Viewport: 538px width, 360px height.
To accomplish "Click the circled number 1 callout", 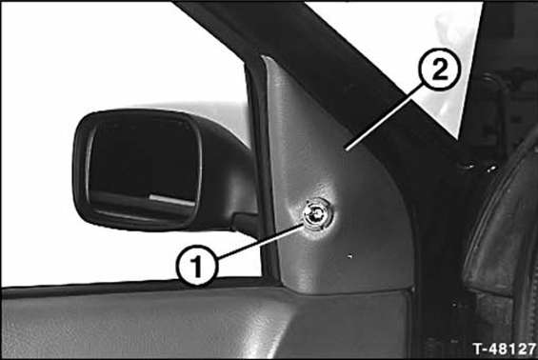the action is pyautogui.click(x=197, y=266).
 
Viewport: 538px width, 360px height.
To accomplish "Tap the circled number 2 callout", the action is pyautogui.click(x=439, y=70).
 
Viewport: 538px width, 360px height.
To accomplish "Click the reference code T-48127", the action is pyautogui.click(x=504, y=349).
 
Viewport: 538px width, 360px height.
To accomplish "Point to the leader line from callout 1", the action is pyautogui.click(x=260, y=240).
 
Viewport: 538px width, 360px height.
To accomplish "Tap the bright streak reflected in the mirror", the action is pyautogui.click(x=172, y=200).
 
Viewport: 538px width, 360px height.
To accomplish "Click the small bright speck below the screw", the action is pyautogui.click(x=349, y=255).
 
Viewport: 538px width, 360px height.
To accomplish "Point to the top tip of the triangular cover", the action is pyautogui.click(x=264, y=57).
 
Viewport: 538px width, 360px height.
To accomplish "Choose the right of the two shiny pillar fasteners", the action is pyautogui.click(x=491, y=169).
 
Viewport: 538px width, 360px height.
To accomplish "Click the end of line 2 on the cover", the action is pyautogui.click(x=347, y=150).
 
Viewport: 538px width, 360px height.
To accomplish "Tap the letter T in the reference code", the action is pyautogui.click(x=478, y=349).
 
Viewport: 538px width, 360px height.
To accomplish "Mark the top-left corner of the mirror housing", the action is pyautogui.click(x=82, y=117).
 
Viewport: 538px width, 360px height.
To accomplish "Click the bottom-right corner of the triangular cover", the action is pyautogui.click(x=411, y=290).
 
